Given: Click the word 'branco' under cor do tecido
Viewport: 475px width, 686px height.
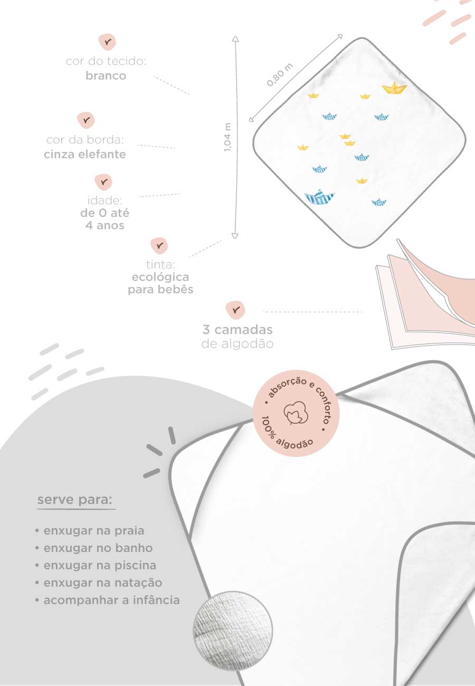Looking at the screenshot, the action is coord(106,75).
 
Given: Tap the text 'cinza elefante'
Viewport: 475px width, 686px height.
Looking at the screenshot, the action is coord(85,154).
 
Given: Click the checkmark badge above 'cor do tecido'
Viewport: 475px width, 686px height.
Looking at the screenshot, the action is coord(107,42).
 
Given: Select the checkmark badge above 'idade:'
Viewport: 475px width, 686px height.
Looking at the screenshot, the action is coord(104,182).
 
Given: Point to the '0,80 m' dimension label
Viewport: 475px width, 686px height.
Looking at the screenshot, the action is coord(280,75).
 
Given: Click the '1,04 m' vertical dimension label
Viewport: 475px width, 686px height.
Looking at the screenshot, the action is coord(227,137).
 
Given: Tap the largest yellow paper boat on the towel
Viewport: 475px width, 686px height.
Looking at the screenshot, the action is coord(394,88).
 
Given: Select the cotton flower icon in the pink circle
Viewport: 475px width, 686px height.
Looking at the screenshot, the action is coord(296,413).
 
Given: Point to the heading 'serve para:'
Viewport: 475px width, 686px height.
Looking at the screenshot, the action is coord(75,500).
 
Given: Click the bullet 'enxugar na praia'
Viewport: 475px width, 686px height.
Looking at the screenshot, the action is coord(89,531).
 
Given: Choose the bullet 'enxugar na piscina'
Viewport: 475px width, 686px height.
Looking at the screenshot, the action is coord(96,565).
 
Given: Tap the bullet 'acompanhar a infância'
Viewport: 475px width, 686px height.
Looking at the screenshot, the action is coord(107,601).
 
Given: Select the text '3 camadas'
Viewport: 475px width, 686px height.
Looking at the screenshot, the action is coord(237,330).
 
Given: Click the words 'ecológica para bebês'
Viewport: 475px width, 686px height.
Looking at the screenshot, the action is coord(160,283).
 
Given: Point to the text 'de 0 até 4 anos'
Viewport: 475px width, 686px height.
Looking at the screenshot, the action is coord(104,220).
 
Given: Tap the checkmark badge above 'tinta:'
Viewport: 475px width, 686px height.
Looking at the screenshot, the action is coord(159,245).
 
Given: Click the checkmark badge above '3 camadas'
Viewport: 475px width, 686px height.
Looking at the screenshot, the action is coord(235,310).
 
